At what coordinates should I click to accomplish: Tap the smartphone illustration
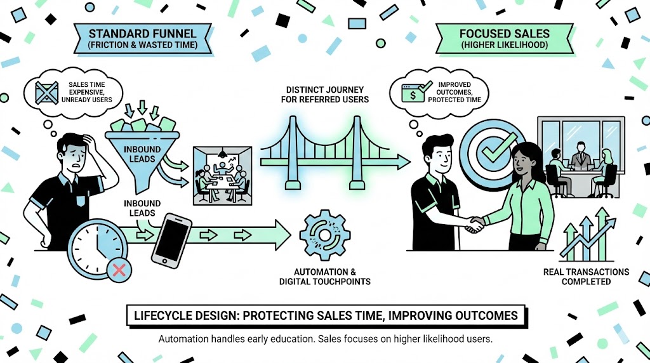[171, 240]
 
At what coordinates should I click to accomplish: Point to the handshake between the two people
[475, 223]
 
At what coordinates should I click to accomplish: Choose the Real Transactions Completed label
[586, 276]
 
